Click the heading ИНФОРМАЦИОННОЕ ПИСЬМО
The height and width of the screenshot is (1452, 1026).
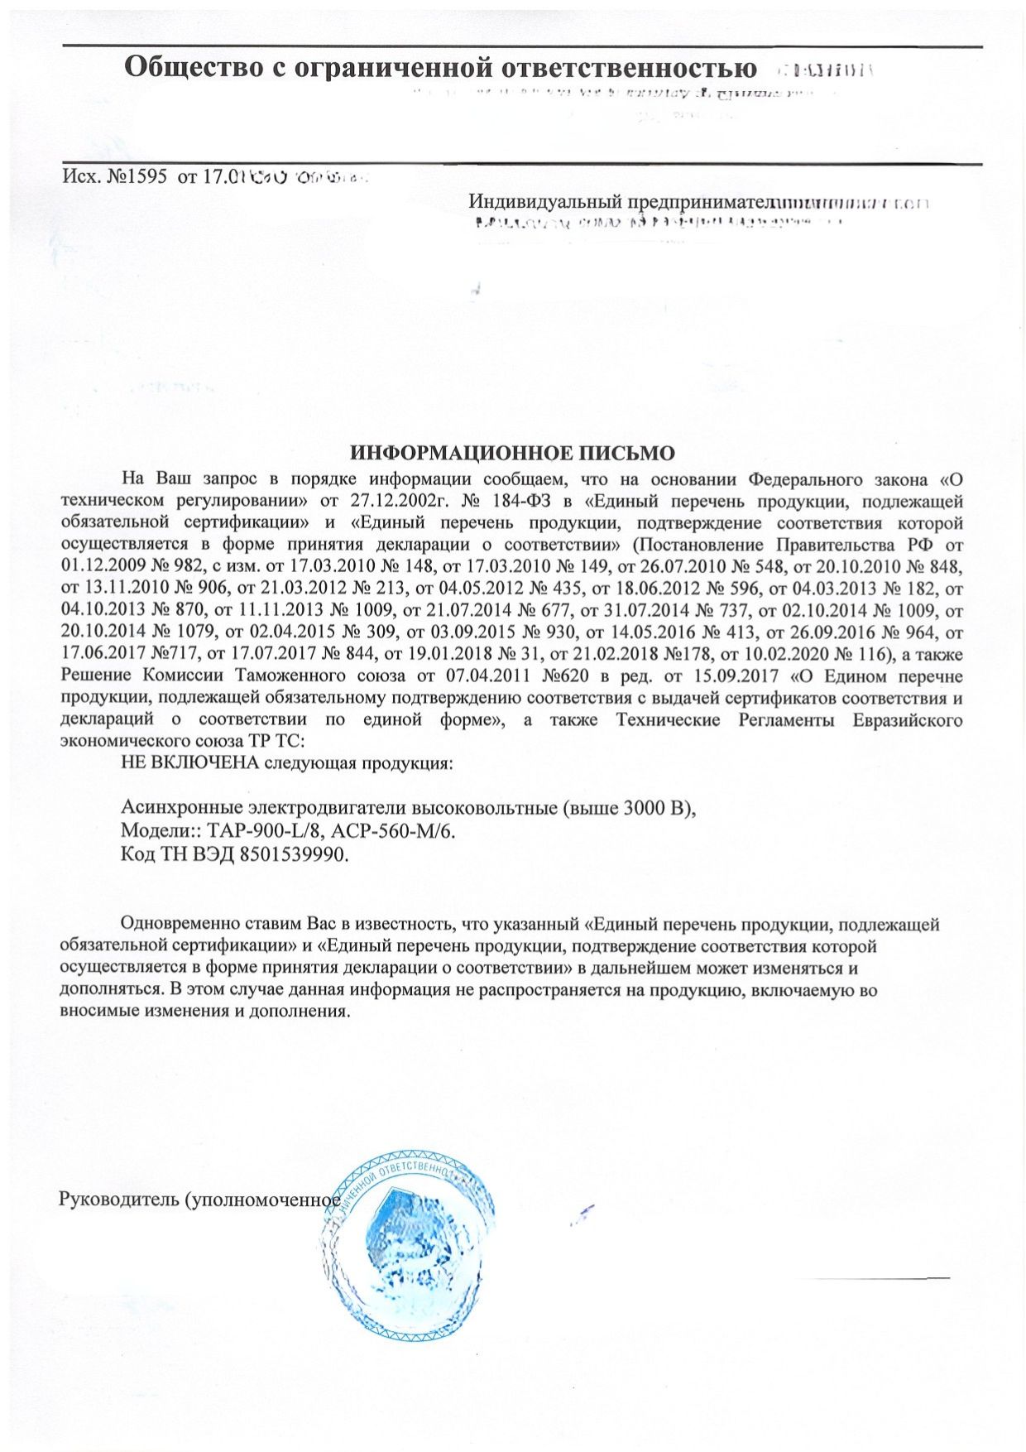(x=512, y=454)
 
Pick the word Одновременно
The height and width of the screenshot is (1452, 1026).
(x=182, y=924)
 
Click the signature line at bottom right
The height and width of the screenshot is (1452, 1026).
(x=877, y=1279)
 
